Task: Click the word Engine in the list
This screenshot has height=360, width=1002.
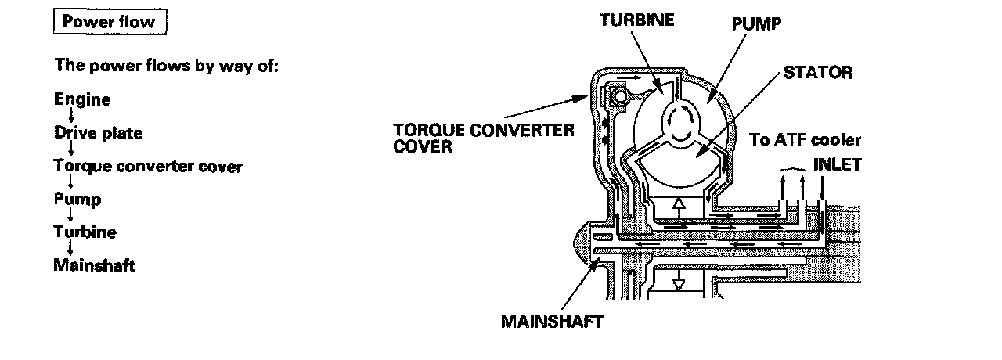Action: coord(82,99)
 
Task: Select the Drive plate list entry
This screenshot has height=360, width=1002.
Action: coord(98,133)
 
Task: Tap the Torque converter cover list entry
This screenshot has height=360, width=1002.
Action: coord(148,166)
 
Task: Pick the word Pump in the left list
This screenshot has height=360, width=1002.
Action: coord(77,200)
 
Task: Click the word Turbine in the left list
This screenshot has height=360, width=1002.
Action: coord(85,232)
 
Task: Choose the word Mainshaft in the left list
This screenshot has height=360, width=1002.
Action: coord(94,265)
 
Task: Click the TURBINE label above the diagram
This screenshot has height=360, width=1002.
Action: coord(636,20)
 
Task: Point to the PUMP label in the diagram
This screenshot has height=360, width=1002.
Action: coord(756,24)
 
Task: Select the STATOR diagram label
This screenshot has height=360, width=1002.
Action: coord(817,73)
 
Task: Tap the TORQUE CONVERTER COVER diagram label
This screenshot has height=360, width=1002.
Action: coord(484,137)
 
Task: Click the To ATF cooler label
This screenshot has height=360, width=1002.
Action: coord(805,141)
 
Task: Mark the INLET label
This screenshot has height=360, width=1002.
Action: coord(838,165)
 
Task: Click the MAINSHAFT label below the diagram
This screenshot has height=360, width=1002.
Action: coord(552,322)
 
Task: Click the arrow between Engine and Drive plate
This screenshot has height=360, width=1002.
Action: coord(72,116)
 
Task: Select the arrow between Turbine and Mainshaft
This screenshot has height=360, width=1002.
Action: coord(72,248)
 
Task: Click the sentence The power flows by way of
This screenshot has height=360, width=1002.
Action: coord(167,65)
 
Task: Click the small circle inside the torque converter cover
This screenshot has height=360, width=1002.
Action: coord(618,98)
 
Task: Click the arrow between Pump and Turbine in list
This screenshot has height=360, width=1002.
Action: coord(72,215)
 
